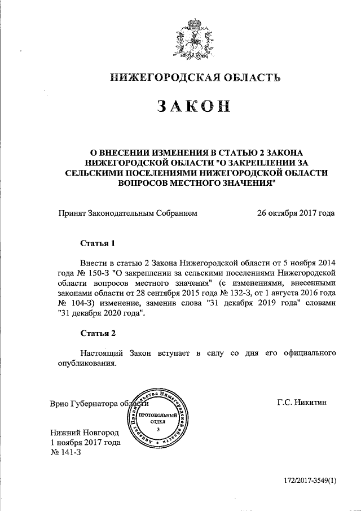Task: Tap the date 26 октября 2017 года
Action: coord(296,213)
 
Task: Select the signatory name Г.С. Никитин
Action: coord(302,403)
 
